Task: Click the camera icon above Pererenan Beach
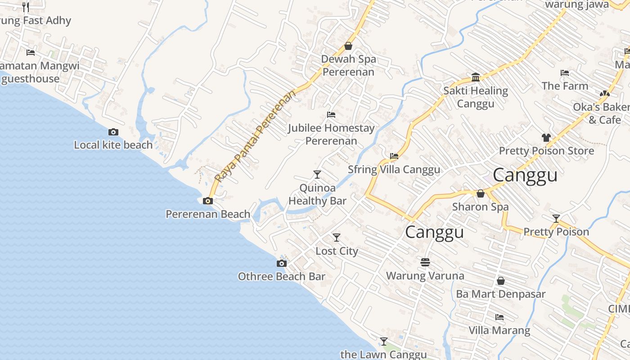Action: click(207, 201)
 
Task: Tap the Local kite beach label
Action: click(113, 145)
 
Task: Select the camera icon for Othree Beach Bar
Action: click(281, 263)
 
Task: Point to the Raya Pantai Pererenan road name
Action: click(256, 135)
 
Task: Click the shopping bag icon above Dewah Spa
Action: click(348, 46)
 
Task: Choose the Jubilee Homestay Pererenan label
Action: click(331, 135)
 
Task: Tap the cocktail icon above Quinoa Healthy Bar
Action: click(317, 174)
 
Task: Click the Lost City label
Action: click(337, 251)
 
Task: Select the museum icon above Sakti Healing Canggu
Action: click(476, 77)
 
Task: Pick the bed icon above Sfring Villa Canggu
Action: click(394, 156)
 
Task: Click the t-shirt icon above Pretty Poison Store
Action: click(546, 137)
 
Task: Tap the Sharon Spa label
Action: click(480, 207)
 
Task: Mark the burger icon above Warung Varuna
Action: click(425, 262)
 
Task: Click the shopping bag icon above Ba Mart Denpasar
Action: click(500, 281)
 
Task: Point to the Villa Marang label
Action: click(499, 330)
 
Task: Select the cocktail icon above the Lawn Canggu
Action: click(383, 342)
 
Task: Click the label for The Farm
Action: click(565, 86)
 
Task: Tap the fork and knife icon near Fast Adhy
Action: click(26, 7)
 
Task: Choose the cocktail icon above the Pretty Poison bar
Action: click(556, 219)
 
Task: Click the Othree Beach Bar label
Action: click(281, 276)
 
